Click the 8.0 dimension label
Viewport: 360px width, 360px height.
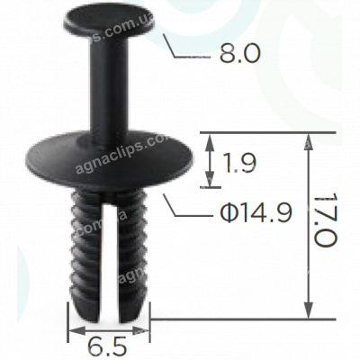238,54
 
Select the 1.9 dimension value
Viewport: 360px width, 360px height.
238,163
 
